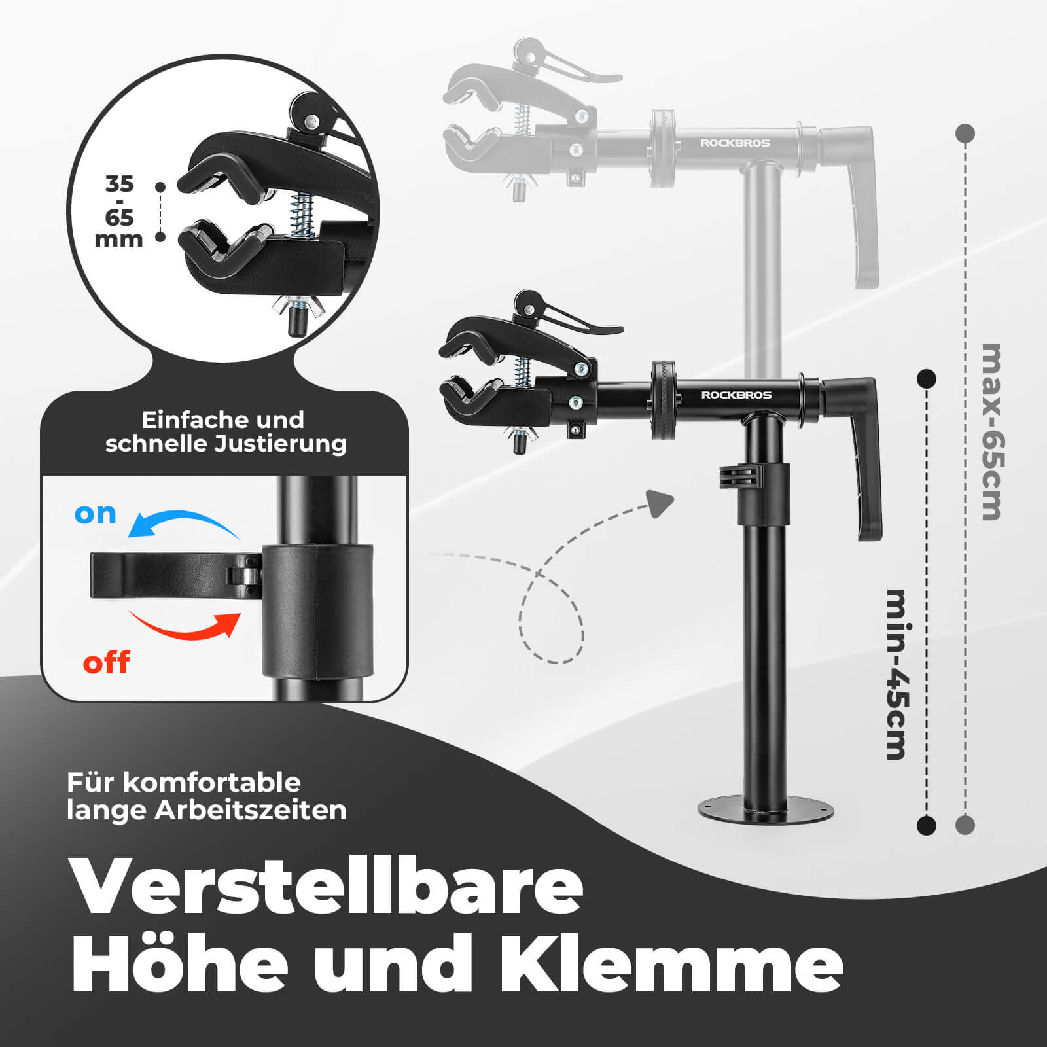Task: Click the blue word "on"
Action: click(96, 514)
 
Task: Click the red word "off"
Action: click(106, 662)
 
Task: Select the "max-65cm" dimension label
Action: click(991, 432)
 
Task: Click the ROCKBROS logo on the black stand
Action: click(736, 395)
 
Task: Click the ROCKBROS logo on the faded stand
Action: click(735, 143)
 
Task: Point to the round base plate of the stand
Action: click(766, 810)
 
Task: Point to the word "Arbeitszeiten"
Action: click(251, 811)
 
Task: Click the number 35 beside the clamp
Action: click(119, 184)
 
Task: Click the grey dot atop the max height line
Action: click(965, 133)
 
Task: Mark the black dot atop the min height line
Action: click(927, 378)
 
